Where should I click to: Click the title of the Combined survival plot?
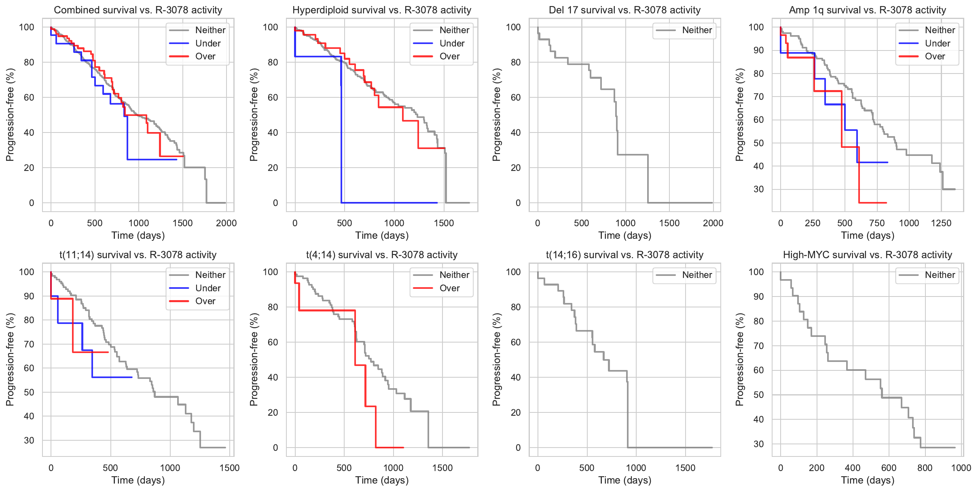(138, 10)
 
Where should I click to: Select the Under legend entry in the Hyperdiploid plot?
(452, 43)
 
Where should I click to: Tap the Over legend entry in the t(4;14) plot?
(449, 288)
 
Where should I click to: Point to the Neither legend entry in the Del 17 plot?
(697, 30)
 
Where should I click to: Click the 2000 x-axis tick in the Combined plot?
(226, 223)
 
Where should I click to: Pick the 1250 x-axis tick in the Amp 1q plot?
(941, 223)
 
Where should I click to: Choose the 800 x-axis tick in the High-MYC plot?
(925, 468)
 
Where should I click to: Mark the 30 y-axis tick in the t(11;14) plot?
(29, 440)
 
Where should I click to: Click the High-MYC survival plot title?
(868, 255)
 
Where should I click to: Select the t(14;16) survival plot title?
(624, 255)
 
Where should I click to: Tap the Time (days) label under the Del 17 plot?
(624, 235)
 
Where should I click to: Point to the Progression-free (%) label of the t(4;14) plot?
(254, 360)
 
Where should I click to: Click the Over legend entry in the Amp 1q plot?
(935, 56)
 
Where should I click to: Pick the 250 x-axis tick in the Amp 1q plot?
(812, 223)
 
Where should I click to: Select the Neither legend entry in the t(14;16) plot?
(697, 275)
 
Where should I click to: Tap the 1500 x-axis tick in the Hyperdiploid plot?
(444, 223)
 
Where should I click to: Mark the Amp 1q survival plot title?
(868, 10)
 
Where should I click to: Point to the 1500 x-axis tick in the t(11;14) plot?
(230, 468)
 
